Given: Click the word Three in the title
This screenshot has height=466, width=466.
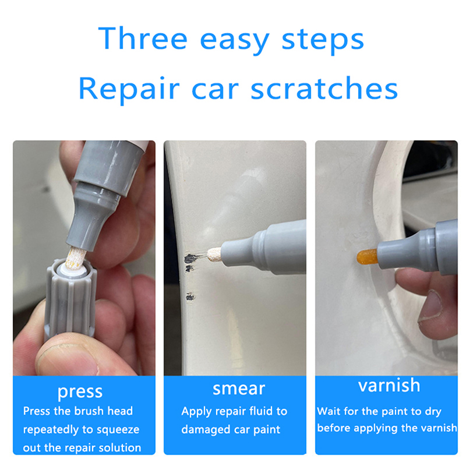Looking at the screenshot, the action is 143,38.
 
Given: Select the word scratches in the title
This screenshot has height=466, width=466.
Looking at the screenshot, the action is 324,88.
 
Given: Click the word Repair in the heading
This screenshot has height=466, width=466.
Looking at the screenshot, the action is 129,89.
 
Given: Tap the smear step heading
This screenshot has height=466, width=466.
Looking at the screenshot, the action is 239,389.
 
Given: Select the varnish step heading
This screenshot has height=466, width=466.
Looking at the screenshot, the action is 389,386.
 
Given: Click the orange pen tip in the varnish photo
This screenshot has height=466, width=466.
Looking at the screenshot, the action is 368,257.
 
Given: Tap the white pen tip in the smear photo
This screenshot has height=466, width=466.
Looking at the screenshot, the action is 214,255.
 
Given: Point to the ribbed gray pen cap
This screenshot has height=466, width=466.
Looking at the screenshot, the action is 70,300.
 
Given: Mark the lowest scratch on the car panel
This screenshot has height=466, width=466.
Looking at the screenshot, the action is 190,296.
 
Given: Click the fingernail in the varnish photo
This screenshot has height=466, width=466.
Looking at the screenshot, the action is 430,306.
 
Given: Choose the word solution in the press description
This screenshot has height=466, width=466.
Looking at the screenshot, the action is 119,447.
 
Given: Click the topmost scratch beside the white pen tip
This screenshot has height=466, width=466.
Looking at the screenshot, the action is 191,259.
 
